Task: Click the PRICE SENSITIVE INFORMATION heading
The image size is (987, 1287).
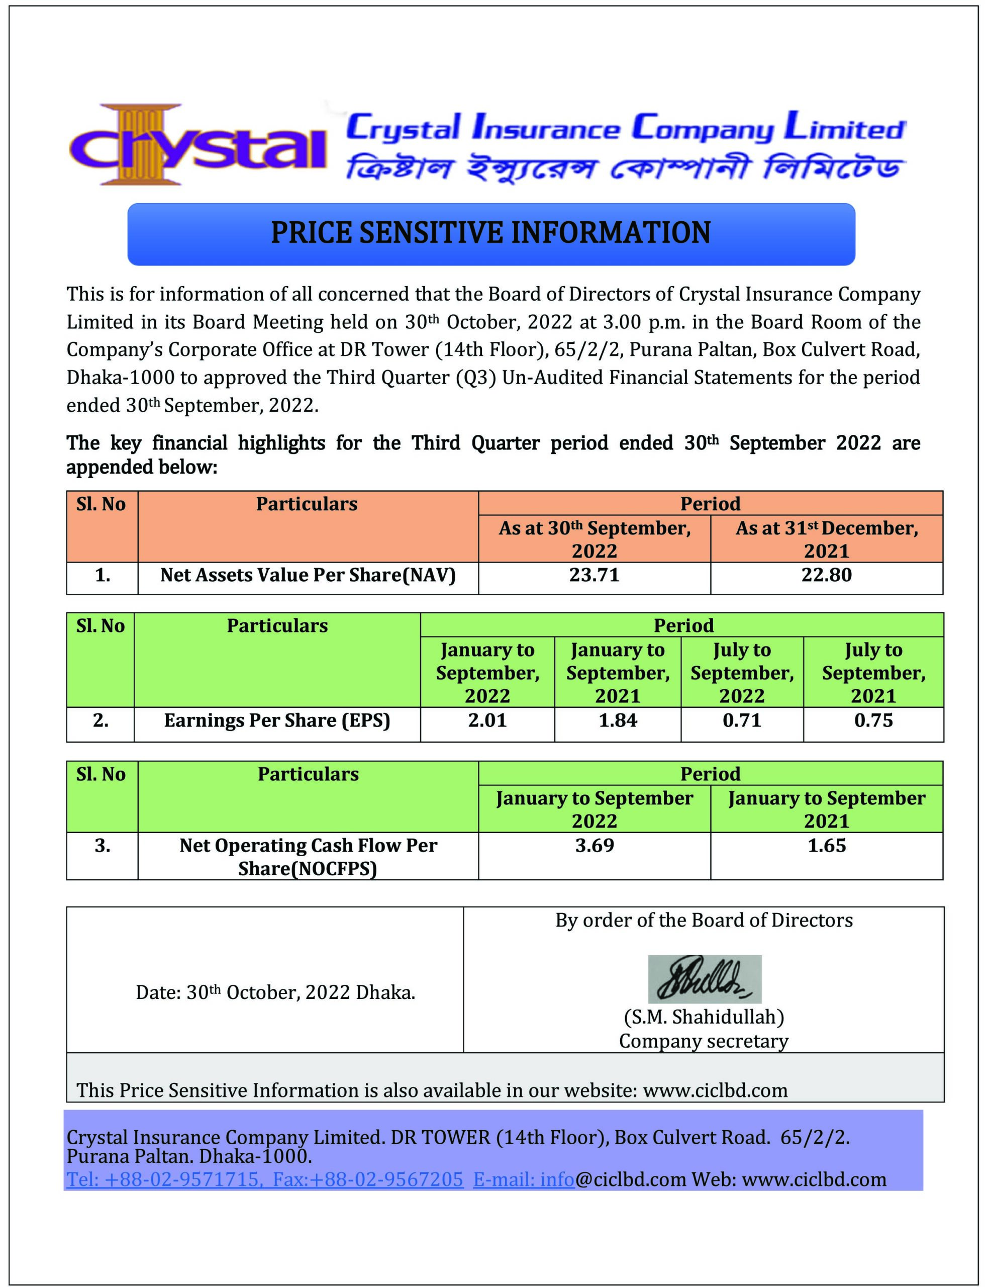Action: click(490, 233)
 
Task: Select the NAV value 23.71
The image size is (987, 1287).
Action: click(594, 575)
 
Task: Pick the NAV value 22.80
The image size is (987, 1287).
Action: click(826, 575)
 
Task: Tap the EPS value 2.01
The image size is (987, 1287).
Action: click(487, 720)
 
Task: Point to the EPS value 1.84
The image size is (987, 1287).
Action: click(618, 720)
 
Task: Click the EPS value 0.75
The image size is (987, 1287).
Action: click(873, 720)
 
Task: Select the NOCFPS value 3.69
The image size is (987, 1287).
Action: click(594, 846)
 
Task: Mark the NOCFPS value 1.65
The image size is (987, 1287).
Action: click(826, 846)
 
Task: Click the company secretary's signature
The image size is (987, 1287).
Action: click(704, 978)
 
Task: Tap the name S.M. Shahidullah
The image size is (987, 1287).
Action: click(704, 1017)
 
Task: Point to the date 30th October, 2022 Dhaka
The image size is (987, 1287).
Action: click(275, 992)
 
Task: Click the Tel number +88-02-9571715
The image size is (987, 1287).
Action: click(163, 1179)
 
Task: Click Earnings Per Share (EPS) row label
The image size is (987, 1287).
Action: click(277, 720)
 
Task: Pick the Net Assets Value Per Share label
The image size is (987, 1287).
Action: click(308, 575)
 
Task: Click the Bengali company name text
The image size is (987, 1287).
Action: click(625, 168)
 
